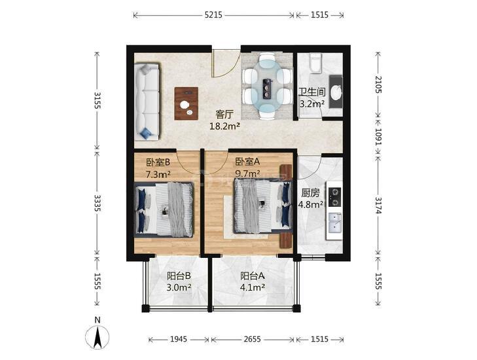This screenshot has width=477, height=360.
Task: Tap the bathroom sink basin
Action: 336,92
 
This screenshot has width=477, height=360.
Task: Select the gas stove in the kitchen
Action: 335,196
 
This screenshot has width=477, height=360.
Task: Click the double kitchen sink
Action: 335,223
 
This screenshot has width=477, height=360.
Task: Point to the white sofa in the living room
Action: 147,102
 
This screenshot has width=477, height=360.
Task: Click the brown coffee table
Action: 186,103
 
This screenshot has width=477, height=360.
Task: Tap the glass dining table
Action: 268,85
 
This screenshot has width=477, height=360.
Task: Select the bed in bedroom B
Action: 164,209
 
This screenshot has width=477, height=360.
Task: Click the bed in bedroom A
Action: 263,206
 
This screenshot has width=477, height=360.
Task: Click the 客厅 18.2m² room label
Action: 225,120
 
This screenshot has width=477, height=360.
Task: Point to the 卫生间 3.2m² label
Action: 312,98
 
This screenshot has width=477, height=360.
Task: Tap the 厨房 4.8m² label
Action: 311,199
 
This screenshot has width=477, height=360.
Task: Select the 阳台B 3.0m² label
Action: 179,281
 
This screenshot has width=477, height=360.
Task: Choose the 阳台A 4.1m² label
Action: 253,281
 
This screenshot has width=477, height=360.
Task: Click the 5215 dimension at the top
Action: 213,15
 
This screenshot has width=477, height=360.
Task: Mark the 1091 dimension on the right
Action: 378,137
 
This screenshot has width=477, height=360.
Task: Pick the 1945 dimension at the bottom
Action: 179,339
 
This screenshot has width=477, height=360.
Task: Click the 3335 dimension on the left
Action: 97,203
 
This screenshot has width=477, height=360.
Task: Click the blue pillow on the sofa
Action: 146,133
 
